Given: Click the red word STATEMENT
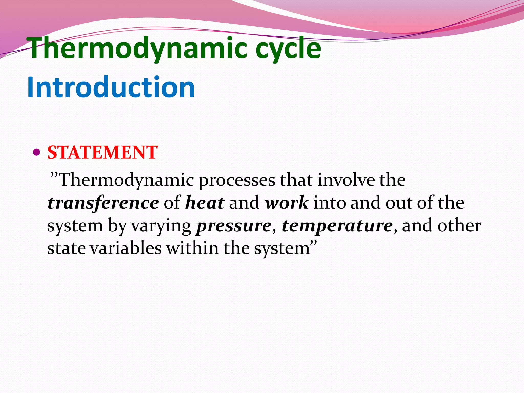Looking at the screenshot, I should click(102, 152).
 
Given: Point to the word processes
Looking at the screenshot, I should click(237, 180).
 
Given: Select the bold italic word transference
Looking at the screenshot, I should click(103, 203).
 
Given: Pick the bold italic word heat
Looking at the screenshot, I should click(205, 203).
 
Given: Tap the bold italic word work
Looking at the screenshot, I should click(287, 203).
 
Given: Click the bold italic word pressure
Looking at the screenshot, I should click(234, 226).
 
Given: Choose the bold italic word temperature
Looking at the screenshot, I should click(337, 226).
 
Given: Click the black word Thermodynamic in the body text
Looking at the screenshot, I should click(126, 180).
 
